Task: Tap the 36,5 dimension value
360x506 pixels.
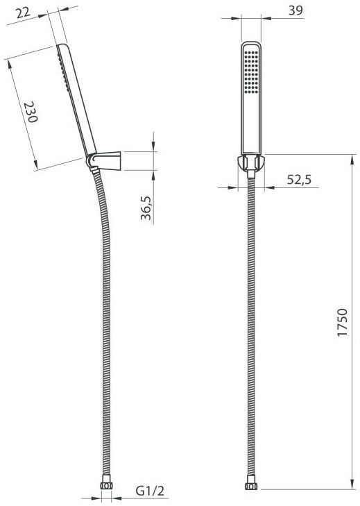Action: pos(146,208)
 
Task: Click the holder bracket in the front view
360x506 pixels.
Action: pos(251,164)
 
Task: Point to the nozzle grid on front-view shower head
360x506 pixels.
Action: pos(251,72)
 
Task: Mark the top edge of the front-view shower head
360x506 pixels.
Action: pos(251,44)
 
